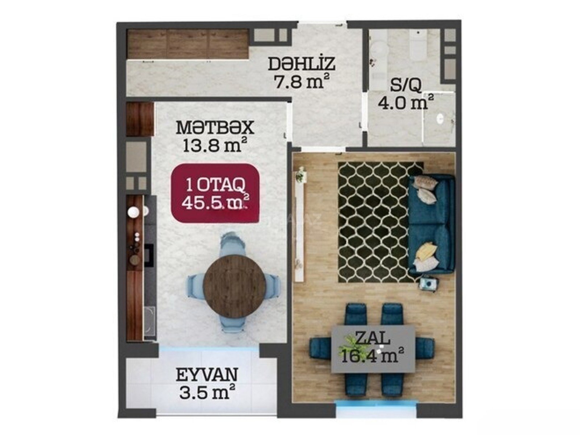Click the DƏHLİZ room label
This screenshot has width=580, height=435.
[x=302, y=64]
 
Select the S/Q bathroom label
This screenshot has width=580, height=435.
[x=406, y=85]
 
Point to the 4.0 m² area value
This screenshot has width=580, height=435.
[x=406, y=102]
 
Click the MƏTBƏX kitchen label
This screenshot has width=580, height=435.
[x=215, y=128]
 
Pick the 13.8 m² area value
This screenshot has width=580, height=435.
[x=215, y=145]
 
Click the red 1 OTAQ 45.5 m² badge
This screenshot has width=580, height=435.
[x=215, y=193]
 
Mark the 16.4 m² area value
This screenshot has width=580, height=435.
[x=373, y=356]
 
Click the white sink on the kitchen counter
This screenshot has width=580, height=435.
[x=133, y=212]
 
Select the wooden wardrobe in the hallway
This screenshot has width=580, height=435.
[x=188, y=44]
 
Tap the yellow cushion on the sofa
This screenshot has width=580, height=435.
[x=425, y=249]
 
